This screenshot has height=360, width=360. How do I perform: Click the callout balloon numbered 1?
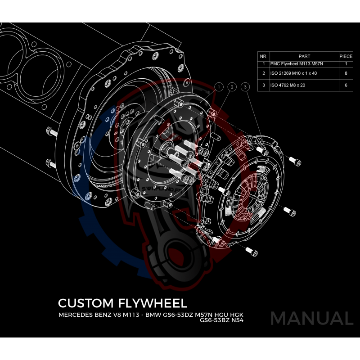pos(219,86)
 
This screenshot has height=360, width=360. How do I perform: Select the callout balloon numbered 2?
pos(232,86)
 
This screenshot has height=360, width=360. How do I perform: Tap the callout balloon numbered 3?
pos(245,86)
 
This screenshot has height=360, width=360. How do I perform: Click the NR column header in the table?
pos(263,57)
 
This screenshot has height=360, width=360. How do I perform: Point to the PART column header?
pos(304,57)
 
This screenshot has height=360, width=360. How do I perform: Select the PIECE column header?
pos(346,57)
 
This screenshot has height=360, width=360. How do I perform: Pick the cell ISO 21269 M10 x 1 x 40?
pos(293,73)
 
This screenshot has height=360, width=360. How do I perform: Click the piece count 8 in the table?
pos(346,73)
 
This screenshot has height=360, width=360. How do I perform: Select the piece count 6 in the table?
pos(346,85)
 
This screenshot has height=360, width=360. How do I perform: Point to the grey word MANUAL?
pos(311,319)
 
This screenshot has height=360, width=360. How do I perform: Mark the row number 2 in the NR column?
pos(263,73)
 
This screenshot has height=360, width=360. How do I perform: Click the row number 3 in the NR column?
pos(263,85)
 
